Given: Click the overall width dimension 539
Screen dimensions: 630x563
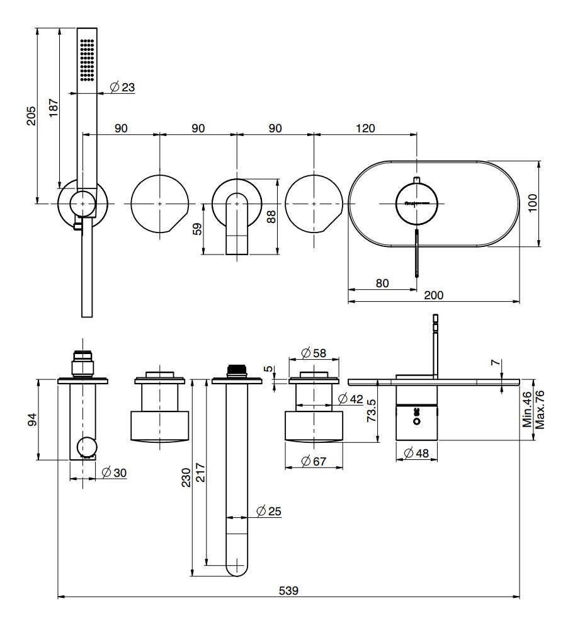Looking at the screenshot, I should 289,591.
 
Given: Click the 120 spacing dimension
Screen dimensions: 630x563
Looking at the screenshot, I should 365,128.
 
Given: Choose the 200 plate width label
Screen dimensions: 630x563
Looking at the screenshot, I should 435,295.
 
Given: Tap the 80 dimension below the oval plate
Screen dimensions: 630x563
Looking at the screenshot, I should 382,283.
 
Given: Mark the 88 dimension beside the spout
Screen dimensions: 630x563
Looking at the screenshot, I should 271,217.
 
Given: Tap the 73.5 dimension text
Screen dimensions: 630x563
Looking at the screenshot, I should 372,409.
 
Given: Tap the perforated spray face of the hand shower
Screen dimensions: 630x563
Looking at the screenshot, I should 87,60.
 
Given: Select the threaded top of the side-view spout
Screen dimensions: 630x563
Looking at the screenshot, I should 236,369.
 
